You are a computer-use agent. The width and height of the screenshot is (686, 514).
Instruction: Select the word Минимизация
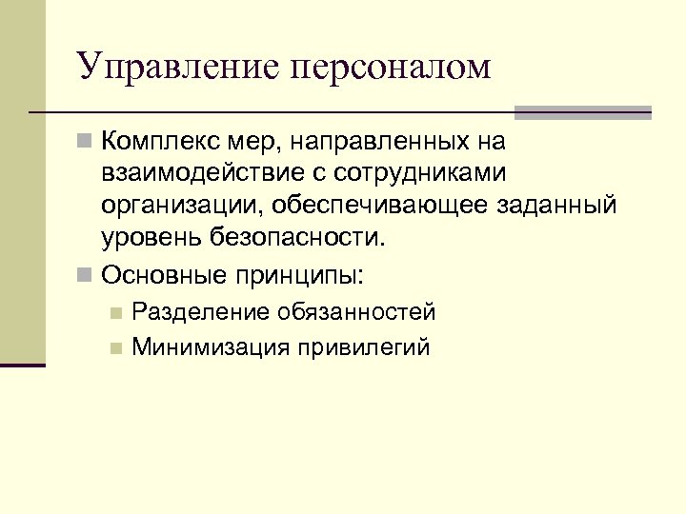click(x=212, y=346)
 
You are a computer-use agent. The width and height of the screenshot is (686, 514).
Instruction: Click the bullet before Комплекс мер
click(x=86, y=143)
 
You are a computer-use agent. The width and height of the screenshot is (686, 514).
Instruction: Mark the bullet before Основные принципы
click(x=86, y=275)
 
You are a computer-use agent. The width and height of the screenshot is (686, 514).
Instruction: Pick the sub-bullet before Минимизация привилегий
click(x=115, y=347)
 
